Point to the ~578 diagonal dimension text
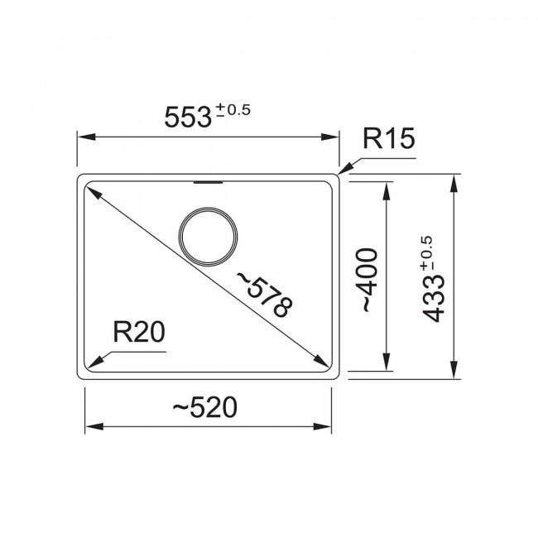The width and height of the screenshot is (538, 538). tap(265, 294)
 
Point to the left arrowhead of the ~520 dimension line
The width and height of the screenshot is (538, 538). tap(93, 427)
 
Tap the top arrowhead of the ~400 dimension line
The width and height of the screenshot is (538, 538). tap(387, 189)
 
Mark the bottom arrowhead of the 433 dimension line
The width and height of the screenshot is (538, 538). tap(454, 374)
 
